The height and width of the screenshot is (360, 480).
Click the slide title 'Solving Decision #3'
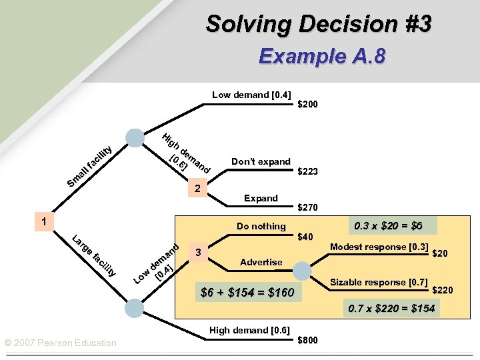[319, 24]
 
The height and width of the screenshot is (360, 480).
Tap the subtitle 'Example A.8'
[321, 57]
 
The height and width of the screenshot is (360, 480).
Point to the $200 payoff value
[307, 105]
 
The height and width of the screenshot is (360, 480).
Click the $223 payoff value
[307, 171]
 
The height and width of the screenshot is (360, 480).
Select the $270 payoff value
[307, 207]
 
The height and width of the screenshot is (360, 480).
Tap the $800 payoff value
[307, 340]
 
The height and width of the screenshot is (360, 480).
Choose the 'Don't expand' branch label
[261, 161]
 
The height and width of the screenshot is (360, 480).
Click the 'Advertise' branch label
[261, 262]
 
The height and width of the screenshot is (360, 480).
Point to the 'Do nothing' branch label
[261, 226]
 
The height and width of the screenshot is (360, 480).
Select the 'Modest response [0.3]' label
[378, 247]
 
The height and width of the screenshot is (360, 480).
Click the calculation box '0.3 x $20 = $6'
[387, 225]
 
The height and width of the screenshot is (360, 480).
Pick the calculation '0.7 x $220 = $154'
[391, 308]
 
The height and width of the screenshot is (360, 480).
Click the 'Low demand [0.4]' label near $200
[251, 95]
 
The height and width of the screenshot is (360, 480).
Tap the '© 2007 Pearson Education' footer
[60, 343]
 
